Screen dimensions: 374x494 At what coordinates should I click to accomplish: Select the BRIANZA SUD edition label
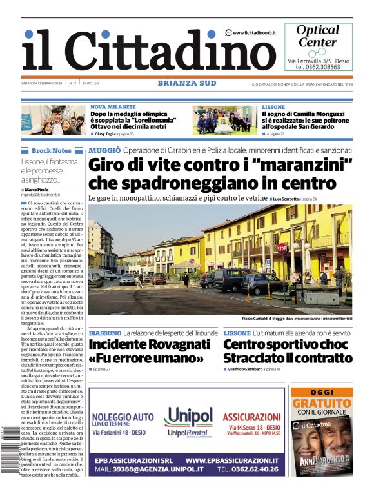pyautogui.click(x=187, y=83)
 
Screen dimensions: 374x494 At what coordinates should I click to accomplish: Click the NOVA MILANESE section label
pyautogui.click(x=113, y=107)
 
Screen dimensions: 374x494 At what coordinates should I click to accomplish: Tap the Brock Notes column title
pyautogui.click(x=52, y=150)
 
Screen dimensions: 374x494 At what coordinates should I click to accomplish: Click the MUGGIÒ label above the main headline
pyautogui.click(x=104, y=150)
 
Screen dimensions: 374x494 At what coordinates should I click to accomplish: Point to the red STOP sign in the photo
pyautogui.click(x=282, y=248)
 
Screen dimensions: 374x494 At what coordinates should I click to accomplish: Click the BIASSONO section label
pyautogui.click(x=104, y=333)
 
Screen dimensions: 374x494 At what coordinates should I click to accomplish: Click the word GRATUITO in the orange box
pyautogui.click(x=322, y=403)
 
